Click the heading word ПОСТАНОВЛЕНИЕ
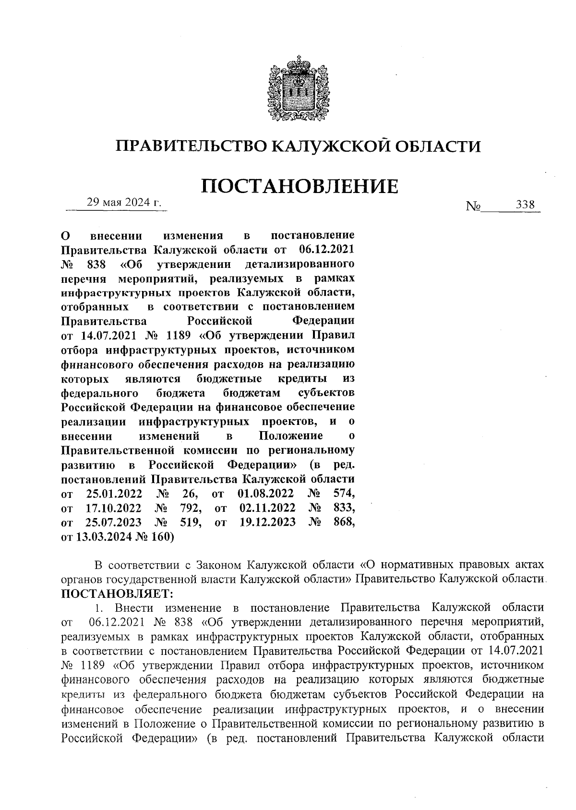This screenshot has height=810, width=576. coord(299,186)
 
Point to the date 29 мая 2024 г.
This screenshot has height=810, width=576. coord(124,203)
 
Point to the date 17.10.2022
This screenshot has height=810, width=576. coord(113,508)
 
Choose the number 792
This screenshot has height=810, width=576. coord(190,508)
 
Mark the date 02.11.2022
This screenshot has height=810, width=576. coord(267,508)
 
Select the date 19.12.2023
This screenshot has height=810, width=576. coord(267,522)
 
